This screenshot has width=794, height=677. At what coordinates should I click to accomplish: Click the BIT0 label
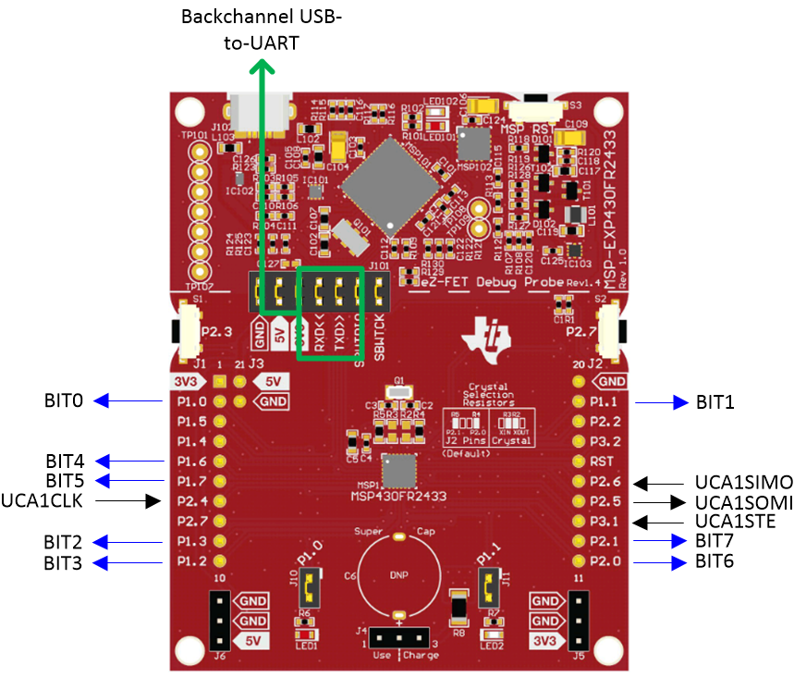click(64, 401)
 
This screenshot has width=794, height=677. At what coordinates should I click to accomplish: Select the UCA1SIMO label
click(743, 482)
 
